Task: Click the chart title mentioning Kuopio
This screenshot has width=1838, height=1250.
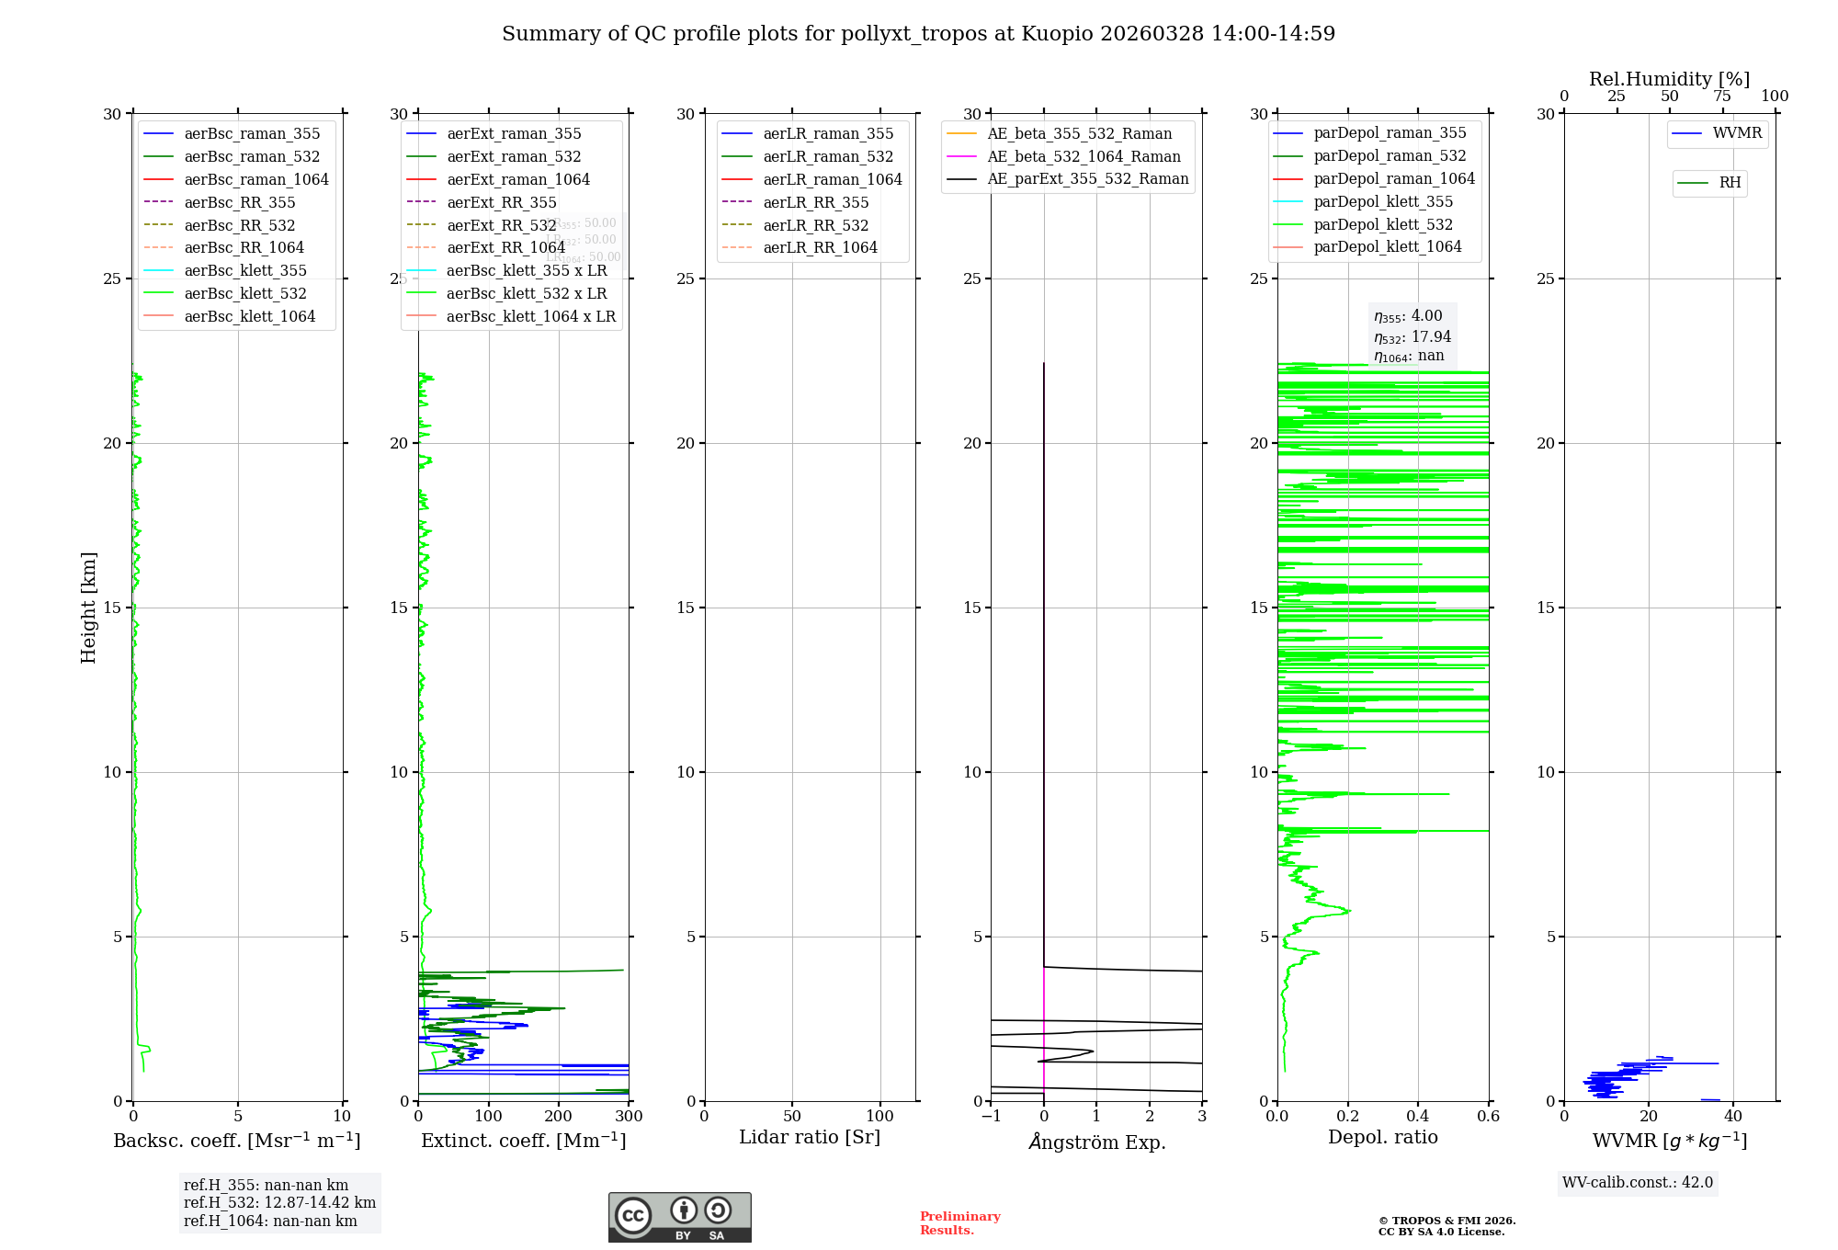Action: point(918,34)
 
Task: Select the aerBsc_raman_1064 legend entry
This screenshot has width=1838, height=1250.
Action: point(255,179)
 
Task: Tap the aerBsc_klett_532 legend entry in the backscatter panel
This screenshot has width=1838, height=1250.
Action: point(244,293)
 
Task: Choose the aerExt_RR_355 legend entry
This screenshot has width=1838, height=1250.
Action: point(501,202)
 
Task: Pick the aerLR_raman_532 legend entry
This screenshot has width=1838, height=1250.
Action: point(827,156)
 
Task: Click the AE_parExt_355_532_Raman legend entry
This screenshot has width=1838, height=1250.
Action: point(1087,178)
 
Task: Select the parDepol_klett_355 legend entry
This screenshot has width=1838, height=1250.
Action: point(1383,201)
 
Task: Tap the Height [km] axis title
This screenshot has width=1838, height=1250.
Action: point(88,608)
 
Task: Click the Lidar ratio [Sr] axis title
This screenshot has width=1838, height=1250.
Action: point(810,1137)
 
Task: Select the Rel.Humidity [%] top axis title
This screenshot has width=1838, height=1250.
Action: point(1669,79)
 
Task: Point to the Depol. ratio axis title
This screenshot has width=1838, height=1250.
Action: point(1382,1137)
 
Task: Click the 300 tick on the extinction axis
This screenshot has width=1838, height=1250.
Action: point(629,1117)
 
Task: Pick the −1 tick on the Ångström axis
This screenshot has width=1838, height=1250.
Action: point(991,1117)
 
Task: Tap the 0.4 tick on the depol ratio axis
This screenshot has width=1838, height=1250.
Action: point(1418,1117)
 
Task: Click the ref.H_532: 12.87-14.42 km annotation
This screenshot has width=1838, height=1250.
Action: point(279,1202)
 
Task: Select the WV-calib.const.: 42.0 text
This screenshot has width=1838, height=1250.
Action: point(1637,1182)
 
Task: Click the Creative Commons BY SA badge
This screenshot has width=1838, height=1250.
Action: point(679,1218)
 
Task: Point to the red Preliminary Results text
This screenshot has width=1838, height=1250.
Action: point(959,1222)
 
